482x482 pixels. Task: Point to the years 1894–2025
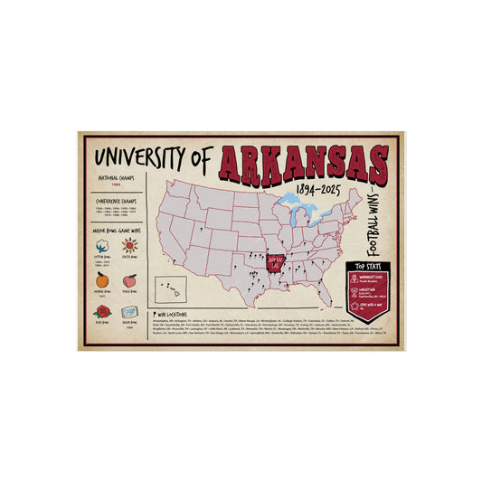pos(319,190)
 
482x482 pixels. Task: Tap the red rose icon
pos(101,311)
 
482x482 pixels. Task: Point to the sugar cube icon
pos(129,311)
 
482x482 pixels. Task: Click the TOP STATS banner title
pos(367,267)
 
